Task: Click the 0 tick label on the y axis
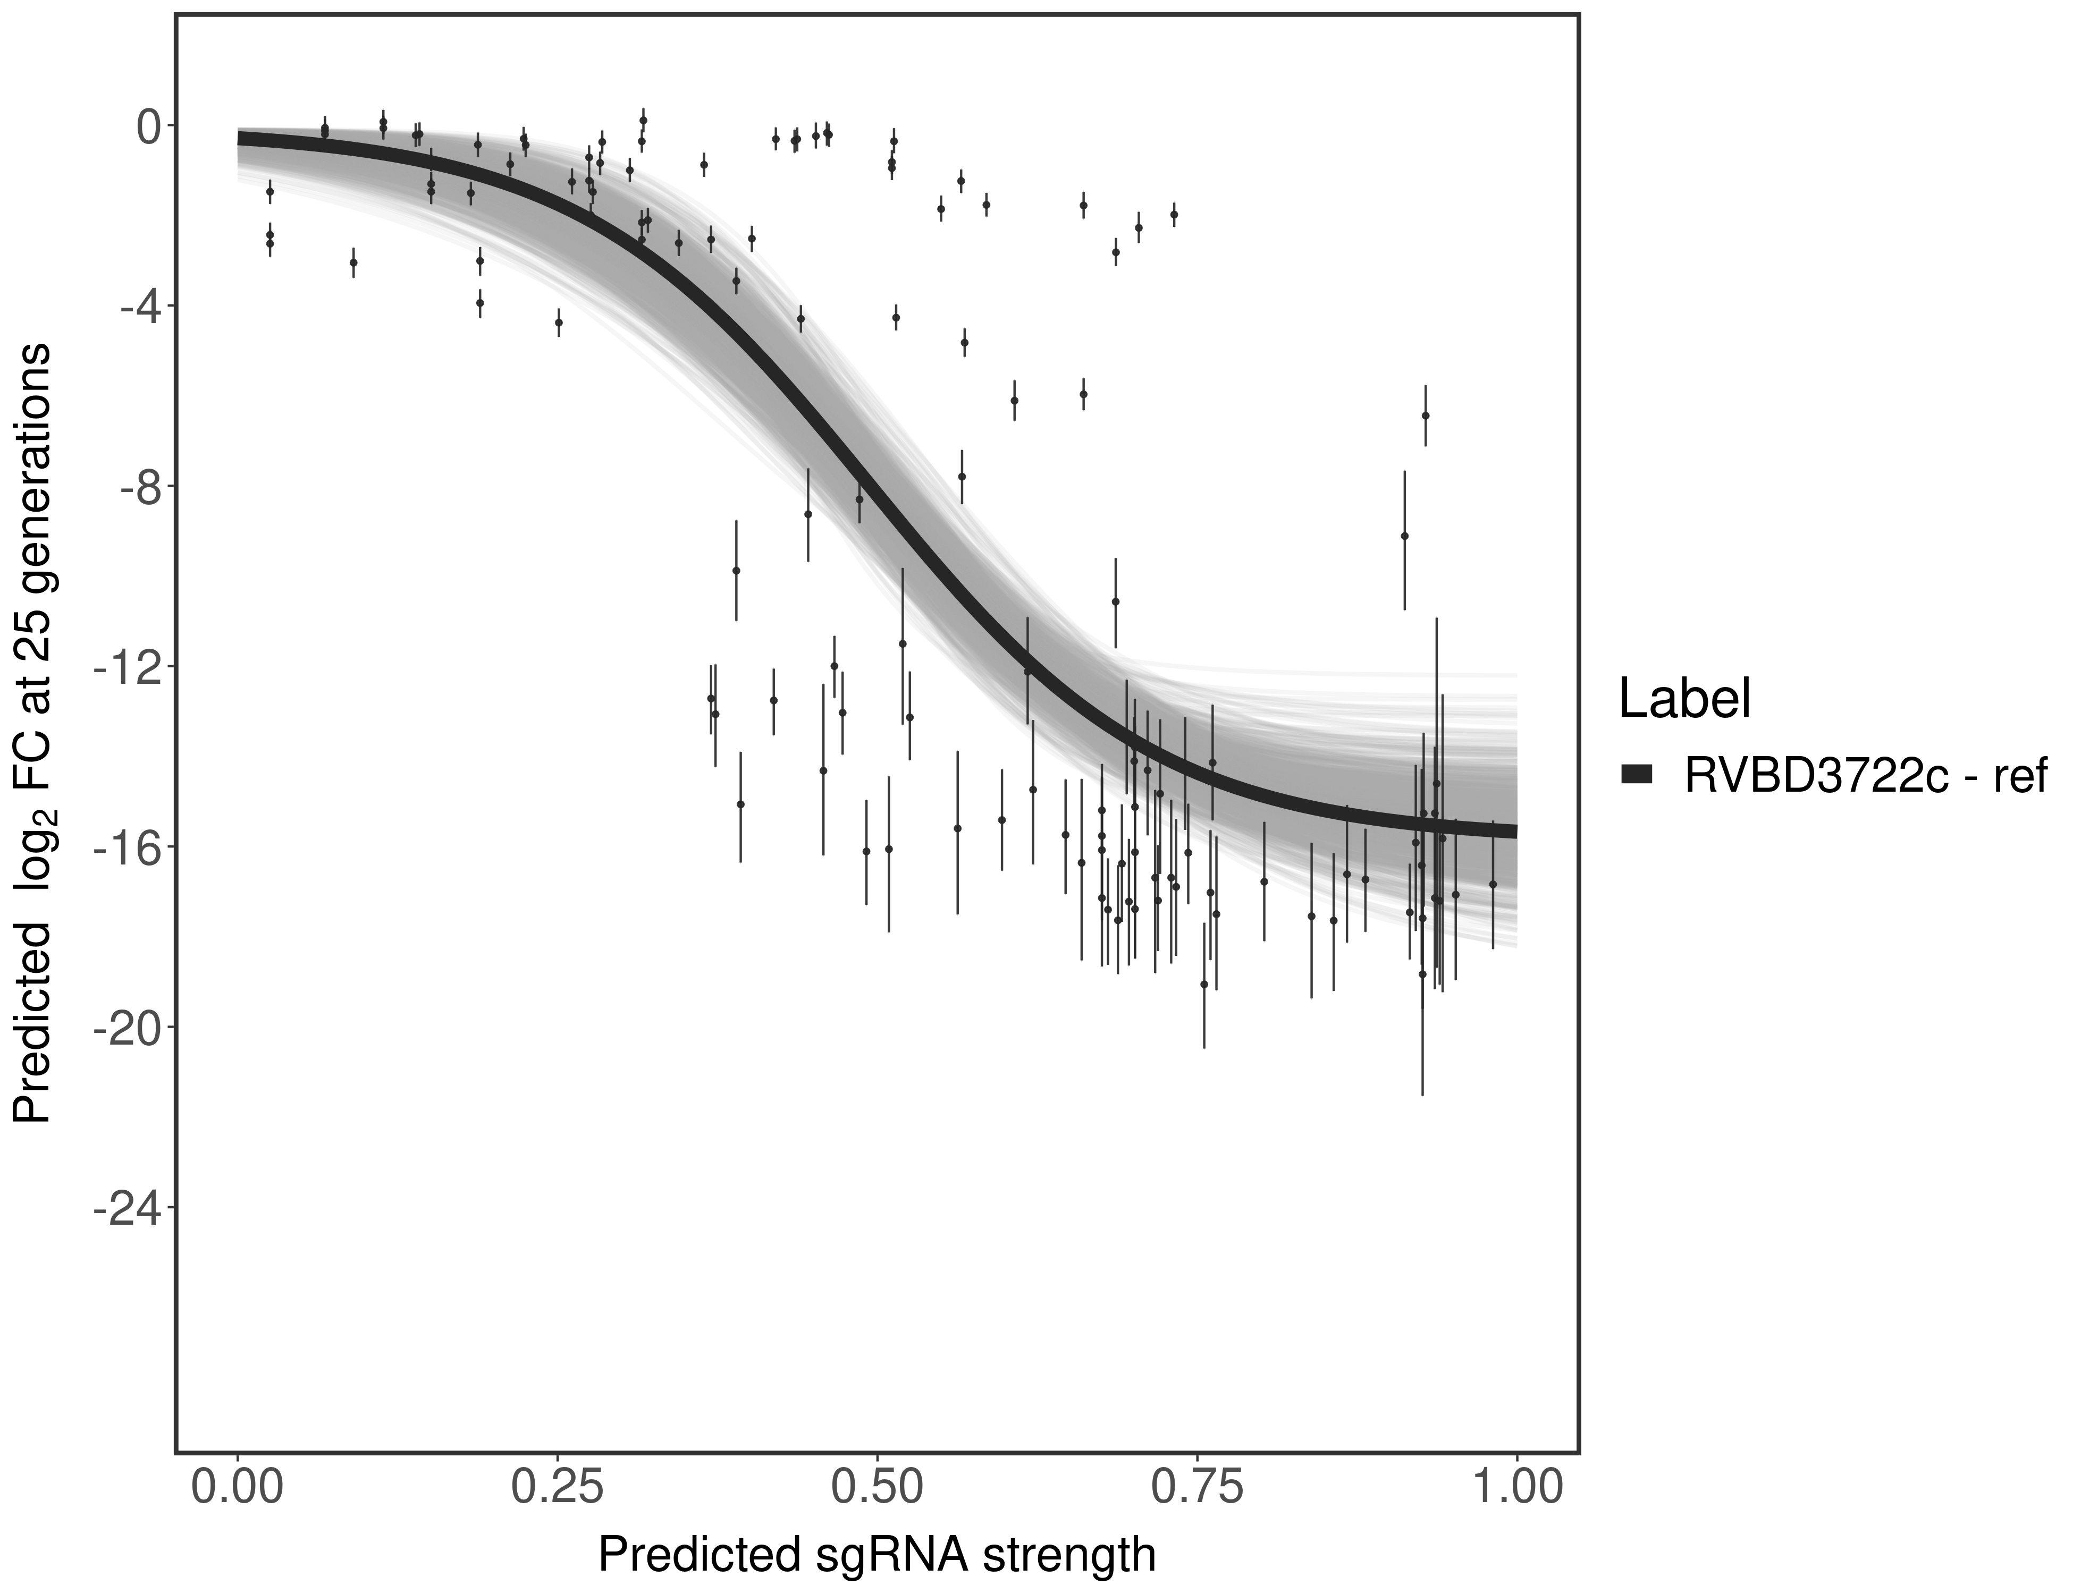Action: pos(149,126)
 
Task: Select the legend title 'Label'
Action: pos(1684,699)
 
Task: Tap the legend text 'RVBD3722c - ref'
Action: pos(1864,775)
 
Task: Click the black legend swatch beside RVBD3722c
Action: pos(1637,775)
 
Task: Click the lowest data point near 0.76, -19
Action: pos(1203,984)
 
